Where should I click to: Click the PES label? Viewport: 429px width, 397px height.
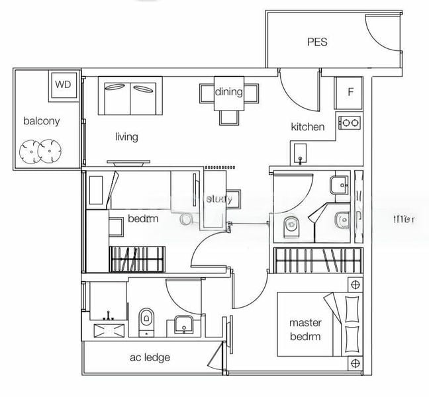coord(316,42)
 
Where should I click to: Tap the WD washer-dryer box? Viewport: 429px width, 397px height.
coord(63,84)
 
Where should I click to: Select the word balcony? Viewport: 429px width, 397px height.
coord(42,120)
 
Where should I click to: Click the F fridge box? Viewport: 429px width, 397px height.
coord(350,91)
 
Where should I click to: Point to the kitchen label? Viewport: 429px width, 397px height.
coord(308,126)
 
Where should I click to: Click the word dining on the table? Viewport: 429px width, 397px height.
coord(228,92)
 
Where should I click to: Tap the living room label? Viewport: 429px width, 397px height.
coord(126,137)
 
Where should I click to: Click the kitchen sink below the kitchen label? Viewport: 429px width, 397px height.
coord(300,154)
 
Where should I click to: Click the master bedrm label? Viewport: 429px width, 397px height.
coord(305,330)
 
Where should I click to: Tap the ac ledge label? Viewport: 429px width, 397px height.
coord(150,358)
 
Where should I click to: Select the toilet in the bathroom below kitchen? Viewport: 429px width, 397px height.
coord(291,226)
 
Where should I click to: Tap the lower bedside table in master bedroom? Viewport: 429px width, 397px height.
coord(356,363)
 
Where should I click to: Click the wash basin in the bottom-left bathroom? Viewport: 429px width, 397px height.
coord(183,324)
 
